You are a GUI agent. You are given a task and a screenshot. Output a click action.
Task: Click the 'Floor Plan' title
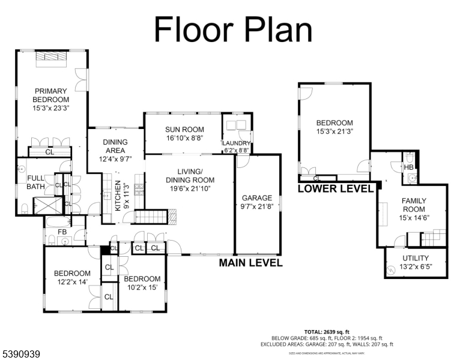(233, 28)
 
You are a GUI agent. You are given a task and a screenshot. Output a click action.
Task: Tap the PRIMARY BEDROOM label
(51, 95)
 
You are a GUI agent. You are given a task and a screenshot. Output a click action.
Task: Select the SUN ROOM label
(184, 130)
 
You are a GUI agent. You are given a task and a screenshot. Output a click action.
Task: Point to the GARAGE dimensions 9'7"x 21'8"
(256, 208)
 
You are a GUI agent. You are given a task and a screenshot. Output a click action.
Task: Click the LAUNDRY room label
(236, 143)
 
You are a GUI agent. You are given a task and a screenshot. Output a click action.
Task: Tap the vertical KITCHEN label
(118, 194)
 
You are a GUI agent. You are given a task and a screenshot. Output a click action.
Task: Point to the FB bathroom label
(62, 232)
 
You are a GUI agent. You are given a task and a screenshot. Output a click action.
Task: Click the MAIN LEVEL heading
(250, 263)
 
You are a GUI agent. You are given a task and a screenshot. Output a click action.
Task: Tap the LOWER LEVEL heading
(336, 188)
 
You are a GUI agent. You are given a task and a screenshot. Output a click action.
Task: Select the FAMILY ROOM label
(413, 205)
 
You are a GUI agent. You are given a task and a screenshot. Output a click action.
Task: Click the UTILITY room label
(416, 259)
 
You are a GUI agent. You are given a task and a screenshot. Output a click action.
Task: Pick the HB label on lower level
(408, 167)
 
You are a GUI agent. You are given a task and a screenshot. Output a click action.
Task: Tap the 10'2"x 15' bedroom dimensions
(142, 287)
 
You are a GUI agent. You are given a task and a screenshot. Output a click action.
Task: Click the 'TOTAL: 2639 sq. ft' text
(327, 331)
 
